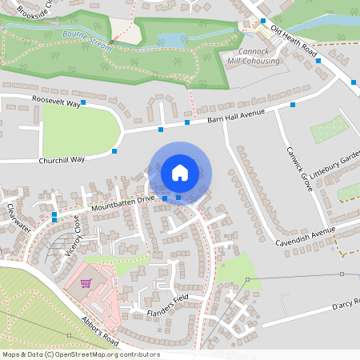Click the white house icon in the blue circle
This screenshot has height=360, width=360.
pyautogui.click(x=180, y=173)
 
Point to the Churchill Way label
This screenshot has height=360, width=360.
pyautogui.click(x=62, y=160)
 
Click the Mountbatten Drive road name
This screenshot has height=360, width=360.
pyautogui.click(x=122, y=202)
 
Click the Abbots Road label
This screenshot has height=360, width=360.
pyautogui.click(x=99, y=326)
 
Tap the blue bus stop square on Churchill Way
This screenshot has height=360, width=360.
pyautogui.click(x=114, y=151)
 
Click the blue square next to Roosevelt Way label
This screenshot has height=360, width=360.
pyautogui.click(x=83, y=94)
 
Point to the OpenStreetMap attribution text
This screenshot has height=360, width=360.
pyautogui.click(x=81, y=354)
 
